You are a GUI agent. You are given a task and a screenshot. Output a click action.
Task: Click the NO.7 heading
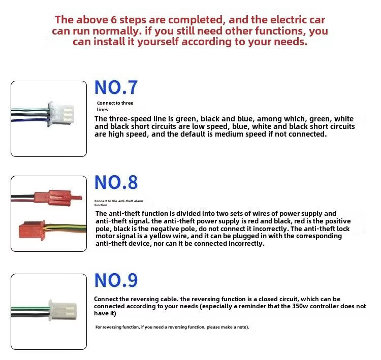(116, 87)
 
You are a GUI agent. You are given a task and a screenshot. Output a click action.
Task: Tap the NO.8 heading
(116, 182)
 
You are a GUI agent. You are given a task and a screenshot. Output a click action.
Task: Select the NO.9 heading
(116, 280)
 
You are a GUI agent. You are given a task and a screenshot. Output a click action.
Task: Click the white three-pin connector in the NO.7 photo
(61, 114)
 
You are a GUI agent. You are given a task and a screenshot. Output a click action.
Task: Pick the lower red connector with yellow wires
(32, 230)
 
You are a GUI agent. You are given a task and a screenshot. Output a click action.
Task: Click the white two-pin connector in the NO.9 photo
(62, 310)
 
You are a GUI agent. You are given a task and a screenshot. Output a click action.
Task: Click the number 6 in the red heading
(114, 20)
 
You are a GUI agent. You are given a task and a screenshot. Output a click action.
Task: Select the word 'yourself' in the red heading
(158, 42)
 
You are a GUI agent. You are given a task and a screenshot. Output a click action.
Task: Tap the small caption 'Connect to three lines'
(115, 106)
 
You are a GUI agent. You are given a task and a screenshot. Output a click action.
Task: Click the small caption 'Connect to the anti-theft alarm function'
(118, 203)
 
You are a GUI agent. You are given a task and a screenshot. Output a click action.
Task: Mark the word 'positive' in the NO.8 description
(338, 221)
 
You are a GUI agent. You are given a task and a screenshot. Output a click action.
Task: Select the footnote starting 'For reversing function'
(172, 327)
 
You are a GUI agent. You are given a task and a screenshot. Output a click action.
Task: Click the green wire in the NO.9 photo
(30, 308)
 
